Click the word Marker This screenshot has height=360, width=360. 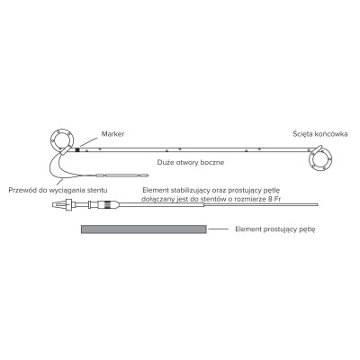pyautogui.click(x=112, y=134)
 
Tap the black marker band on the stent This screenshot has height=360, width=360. pyautogui.click(x=77, y=149)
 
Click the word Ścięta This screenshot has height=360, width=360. pyautogui.click(x=301, y=134)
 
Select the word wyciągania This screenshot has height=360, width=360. pyautogui.click(x=68, y=191)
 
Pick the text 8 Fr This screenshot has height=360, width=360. pyautogui.click(x=275, y=199)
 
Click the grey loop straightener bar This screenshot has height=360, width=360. pyautogui.click(x=143, y=229)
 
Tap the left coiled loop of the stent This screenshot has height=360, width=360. pyautogui.click(x=62, y=140)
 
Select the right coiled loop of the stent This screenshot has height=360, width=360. pyautogui.click(x=320, y=159)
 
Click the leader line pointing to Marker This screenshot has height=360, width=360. pyautogui.click(x=89, y=142)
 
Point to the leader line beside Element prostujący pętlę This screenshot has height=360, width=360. pyautogui.click(x=219, y=229)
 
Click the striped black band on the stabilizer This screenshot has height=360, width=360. pyautogui.click(x=105, y=205)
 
